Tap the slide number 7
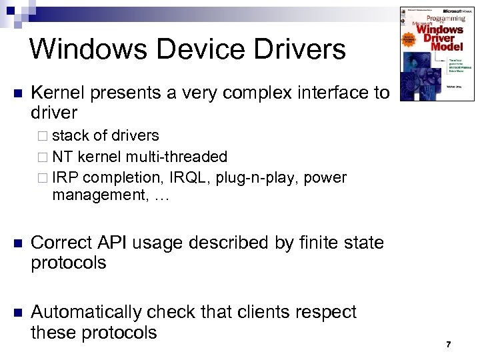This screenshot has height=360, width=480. [x=449, y=345]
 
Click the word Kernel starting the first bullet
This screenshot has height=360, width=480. [x=59, y=93]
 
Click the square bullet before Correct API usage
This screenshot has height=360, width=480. [x=17, y=243]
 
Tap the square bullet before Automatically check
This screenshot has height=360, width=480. [x=17, y=313]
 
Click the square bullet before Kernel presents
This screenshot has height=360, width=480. [x=17, y=93]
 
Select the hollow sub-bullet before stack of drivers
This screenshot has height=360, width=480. [x=44, y=136]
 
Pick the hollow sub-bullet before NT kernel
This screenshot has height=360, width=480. [x=44, y=157]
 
